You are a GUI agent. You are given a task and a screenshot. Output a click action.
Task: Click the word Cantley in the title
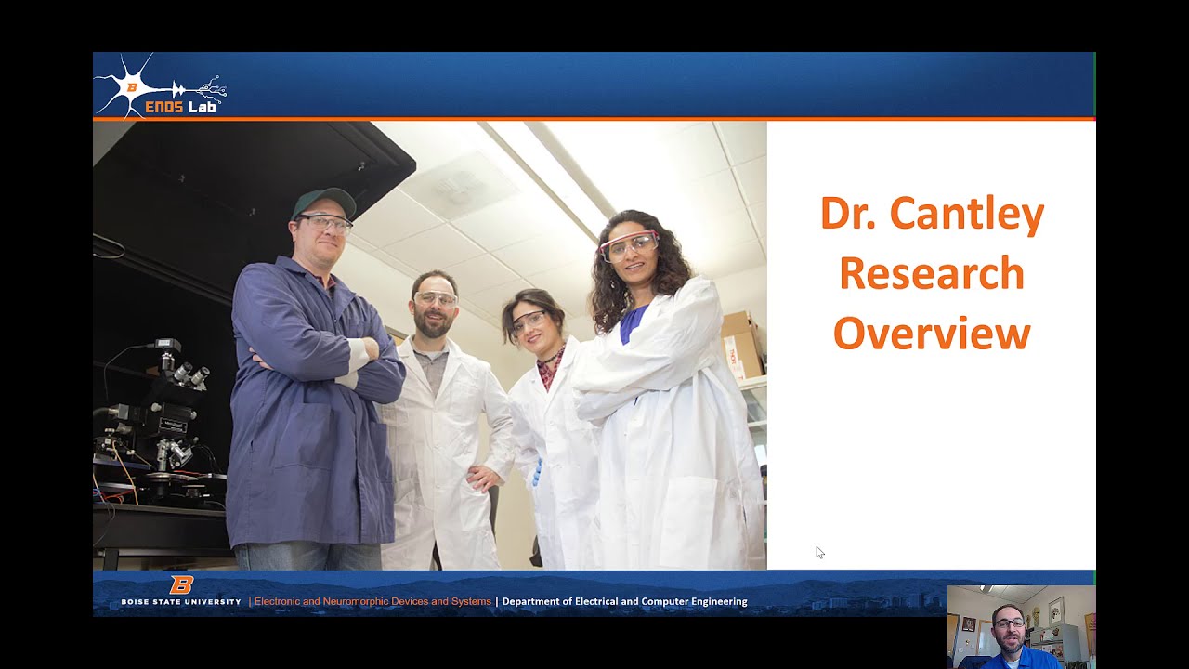[x=967, y=214]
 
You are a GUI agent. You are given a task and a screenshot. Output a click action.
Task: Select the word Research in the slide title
[x=932, y=273]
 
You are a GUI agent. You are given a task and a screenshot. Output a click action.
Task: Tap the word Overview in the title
[x=932, y=333]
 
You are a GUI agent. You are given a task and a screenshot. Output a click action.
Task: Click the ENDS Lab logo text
[x=180, y=107]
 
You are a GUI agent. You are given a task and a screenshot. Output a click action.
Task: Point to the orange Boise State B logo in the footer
[x=181, y=584]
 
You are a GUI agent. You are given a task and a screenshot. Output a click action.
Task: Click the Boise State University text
[x=181, y=602]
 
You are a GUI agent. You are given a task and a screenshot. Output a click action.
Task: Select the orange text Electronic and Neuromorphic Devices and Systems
[x=372, y=601]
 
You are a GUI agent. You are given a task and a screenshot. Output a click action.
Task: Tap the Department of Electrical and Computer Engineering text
[x=625, y=601]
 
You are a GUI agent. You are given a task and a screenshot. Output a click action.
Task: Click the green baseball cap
[x=323, y=202]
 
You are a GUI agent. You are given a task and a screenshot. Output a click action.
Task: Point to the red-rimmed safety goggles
[x=630, y=245]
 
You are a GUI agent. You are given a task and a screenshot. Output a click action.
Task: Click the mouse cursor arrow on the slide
[x=820, y=552]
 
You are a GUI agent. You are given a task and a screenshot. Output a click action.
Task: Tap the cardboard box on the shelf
[x=742, y=344]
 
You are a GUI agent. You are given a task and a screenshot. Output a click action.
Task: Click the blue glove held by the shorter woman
[x=538, y=473]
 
